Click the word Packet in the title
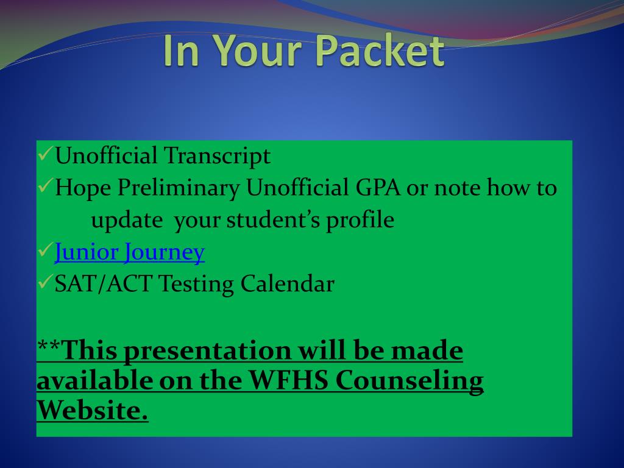coord(381,51)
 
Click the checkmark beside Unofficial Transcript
coord(45,153)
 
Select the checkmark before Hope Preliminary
coord(45,185)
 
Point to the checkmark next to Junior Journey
coord(45,250)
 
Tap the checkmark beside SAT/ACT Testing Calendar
coord(45,282)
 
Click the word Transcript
coord(218,156)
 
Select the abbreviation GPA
coord(378,188)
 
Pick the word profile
coord(360,220)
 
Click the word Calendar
coord(288,284)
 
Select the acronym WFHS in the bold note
coord(288,380)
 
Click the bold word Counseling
coord(409,381)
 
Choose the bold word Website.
coord(93,410)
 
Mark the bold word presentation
coord(207,352)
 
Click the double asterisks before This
coord(49,346)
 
